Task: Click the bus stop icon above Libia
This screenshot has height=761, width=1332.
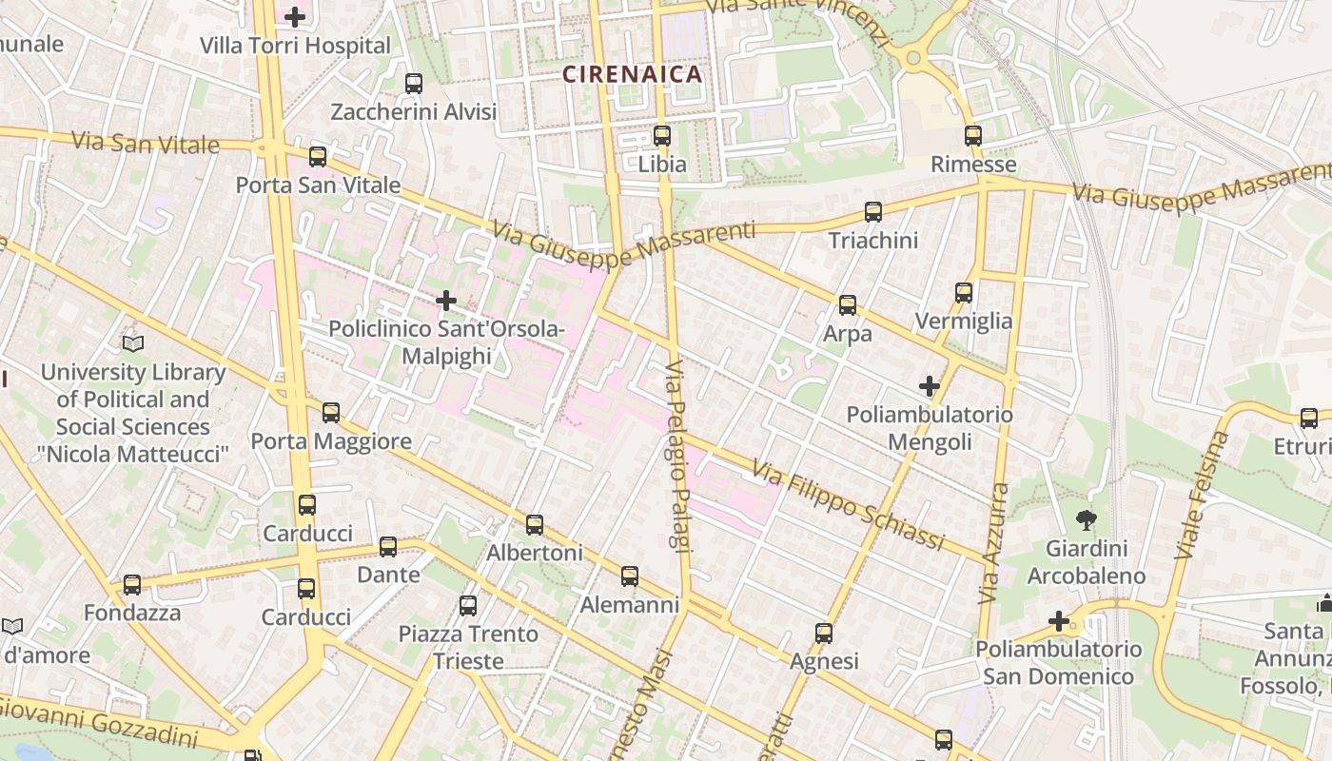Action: point(662,135)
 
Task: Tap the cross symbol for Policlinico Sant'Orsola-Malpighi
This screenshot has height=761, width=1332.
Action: point(446,302)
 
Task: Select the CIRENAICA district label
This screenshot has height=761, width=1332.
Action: point(632,74)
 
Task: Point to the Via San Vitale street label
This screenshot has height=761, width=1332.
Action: point(146,144)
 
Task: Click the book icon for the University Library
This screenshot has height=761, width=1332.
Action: point(133,343)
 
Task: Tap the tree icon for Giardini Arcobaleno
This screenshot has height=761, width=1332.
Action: point(1085,519)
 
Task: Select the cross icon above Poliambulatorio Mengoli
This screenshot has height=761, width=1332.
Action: point(930,386)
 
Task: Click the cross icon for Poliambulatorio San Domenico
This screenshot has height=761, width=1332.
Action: point(1059,621)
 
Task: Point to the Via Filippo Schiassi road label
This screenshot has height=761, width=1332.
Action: point(847,504)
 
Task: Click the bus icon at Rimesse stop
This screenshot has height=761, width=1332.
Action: point(972,136)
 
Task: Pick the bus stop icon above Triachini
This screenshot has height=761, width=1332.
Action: point(873,212)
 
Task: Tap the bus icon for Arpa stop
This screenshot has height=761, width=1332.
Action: point(847,305)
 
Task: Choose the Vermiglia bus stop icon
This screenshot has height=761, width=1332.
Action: point(964,293)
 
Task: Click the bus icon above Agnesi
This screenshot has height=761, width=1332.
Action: point(824,633)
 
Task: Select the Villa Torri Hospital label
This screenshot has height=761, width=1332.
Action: point(295,46)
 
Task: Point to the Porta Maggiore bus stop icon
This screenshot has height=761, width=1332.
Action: point(331,413)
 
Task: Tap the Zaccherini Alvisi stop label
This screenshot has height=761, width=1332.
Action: point(413,112)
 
